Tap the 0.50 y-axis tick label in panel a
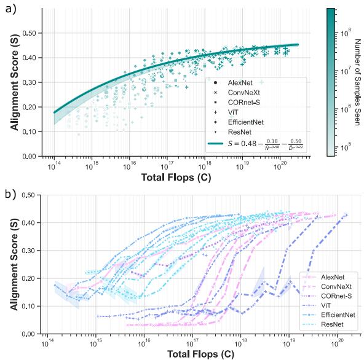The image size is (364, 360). pos(28,33)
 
